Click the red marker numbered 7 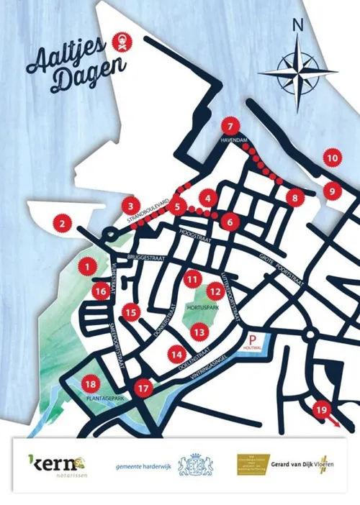pyautogui.click(x=230, y=124)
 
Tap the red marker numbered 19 pyautogui.click(x=322, y=410)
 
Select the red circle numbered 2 pyautogui.click(x=63, y=224)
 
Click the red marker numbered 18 pyautogui.click(x=91, y=383)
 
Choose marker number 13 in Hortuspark pyautogui.click(x=199, y=332)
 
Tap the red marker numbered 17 pyautogui.click(x=145, y=388)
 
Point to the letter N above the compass pyautogui.click(x=297, y=24)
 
